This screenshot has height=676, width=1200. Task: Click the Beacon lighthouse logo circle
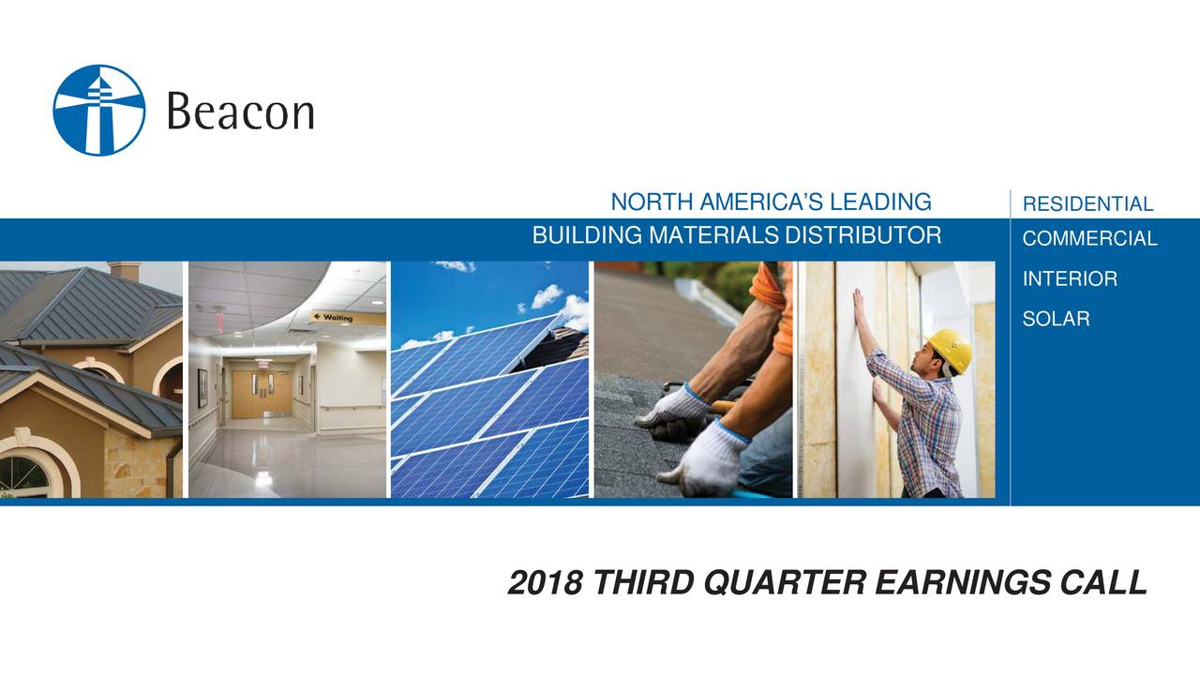pos(99,111)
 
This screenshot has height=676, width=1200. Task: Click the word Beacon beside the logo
pos(241,111)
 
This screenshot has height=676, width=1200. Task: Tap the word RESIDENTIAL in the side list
pos(1087,204)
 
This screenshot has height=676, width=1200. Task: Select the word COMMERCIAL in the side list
pos(1089,238)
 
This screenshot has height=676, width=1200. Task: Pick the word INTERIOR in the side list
pos(1070,278)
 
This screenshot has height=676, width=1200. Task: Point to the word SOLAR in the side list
pos(1056,319)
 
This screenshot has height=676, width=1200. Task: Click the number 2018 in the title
pos(545,582)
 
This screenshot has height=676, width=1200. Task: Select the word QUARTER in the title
pos(785,582)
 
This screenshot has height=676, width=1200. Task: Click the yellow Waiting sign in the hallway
pos(348,318)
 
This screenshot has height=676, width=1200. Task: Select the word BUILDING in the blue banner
pos(587,235)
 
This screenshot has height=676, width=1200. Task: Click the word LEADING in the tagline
pos(880,202)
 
